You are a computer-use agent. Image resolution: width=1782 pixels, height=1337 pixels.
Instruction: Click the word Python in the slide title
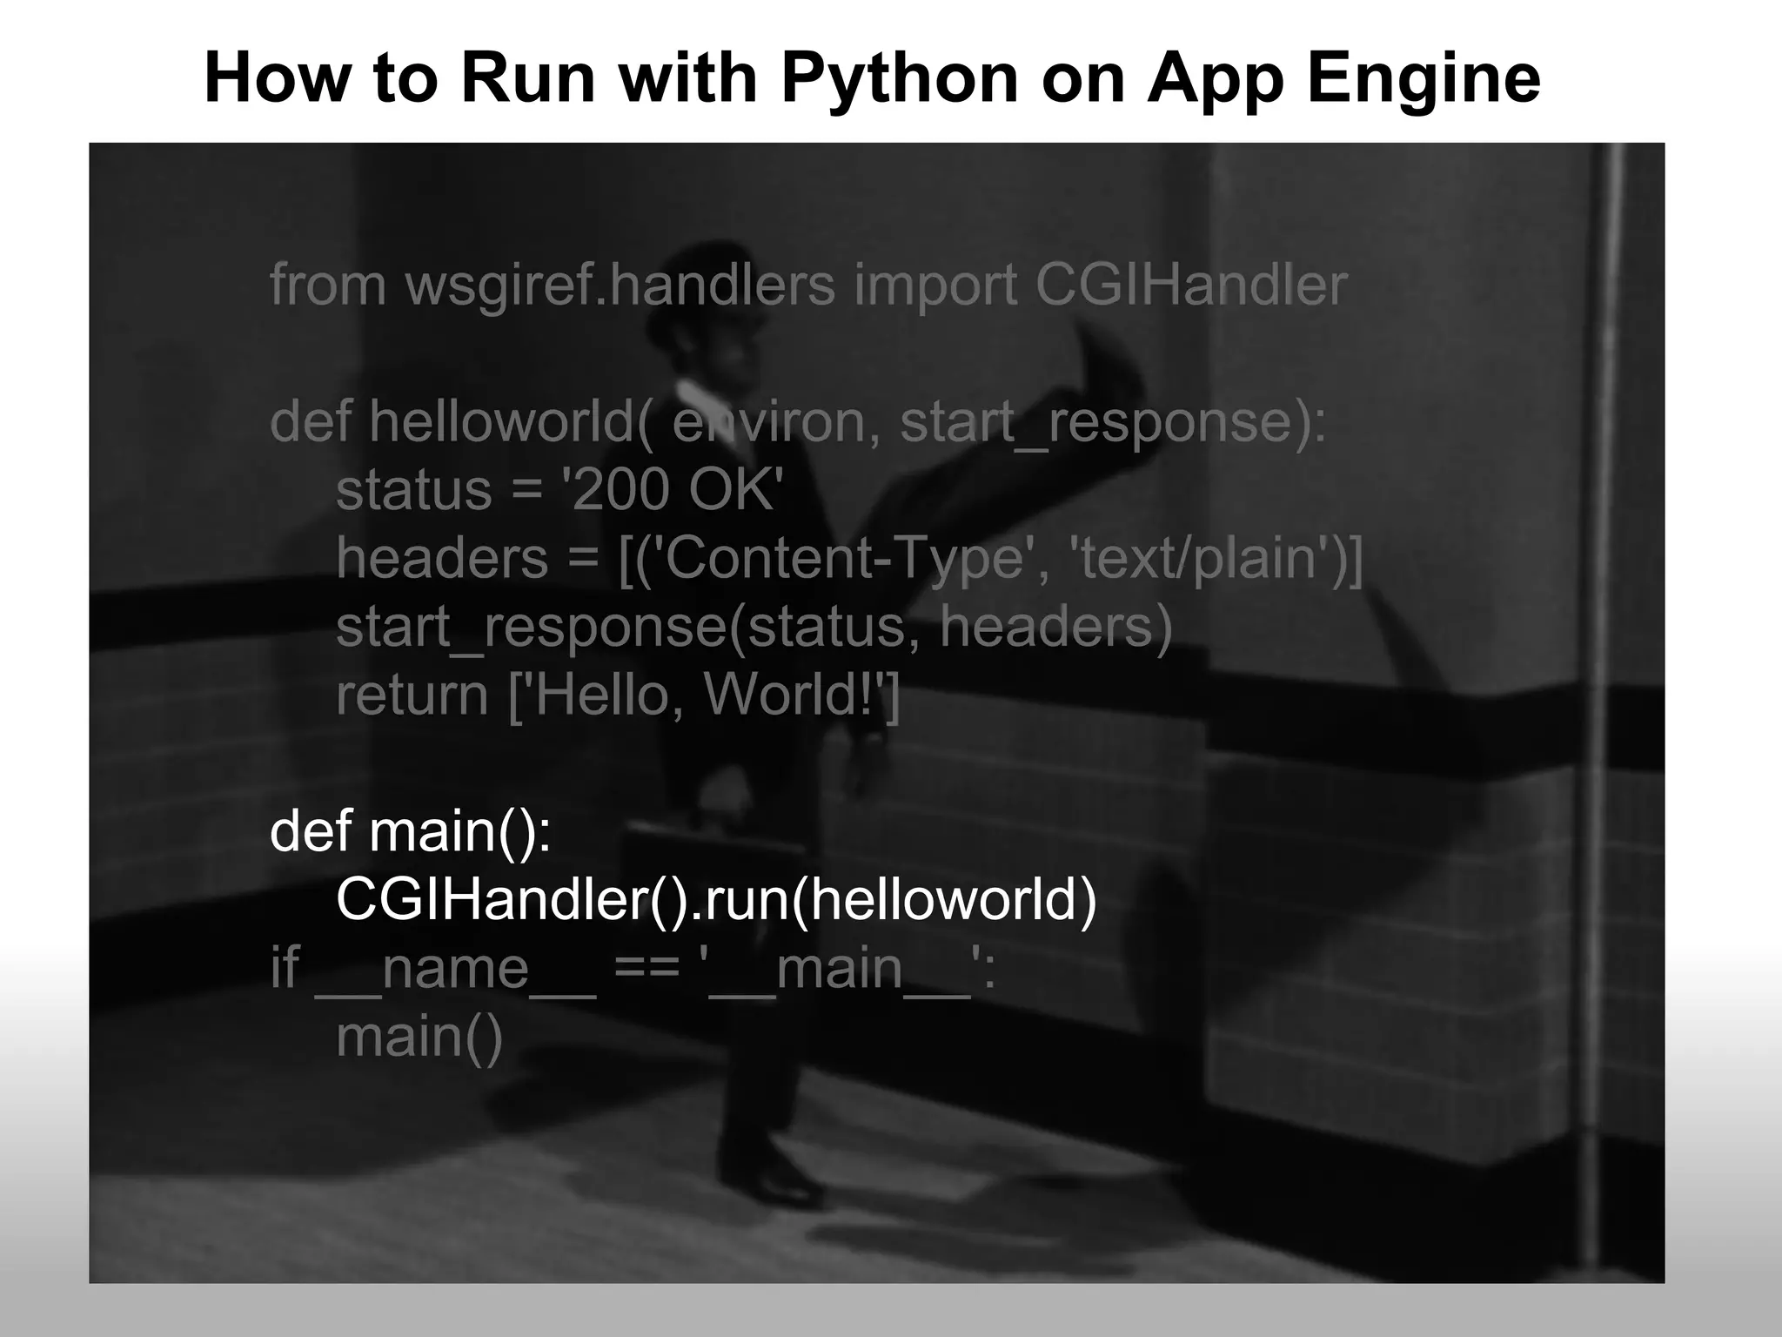(x=900, y=78)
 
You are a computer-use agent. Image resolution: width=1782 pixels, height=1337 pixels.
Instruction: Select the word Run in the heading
(x=527, y=78)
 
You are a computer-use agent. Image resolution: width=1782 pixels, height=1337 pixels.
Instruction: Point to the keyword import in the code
(x=935, y=285)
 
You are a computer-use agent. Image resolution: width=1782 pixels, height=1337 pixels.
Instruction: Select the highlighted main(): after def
(x=460, y=831)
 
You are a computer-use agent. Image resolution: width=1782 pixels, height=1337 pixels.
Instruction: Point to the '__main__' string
(x=848, y=968)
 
